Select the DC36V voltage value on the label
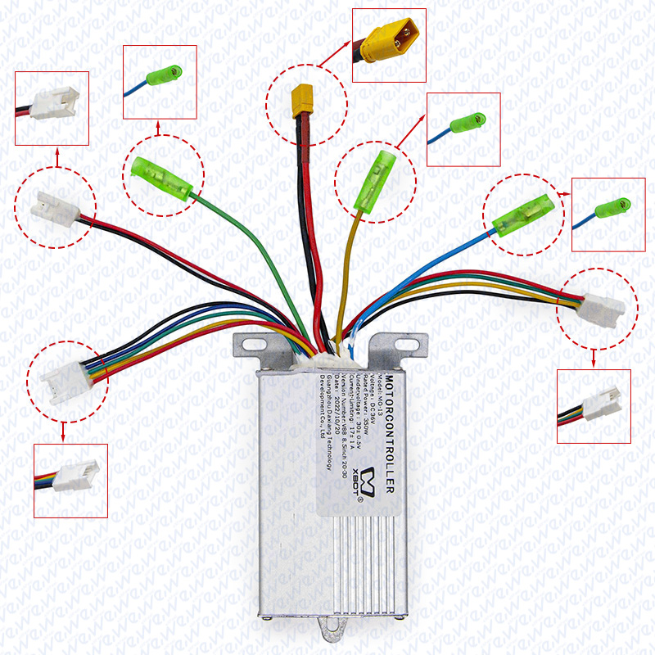368,400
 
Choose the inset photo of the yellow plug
389,45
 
